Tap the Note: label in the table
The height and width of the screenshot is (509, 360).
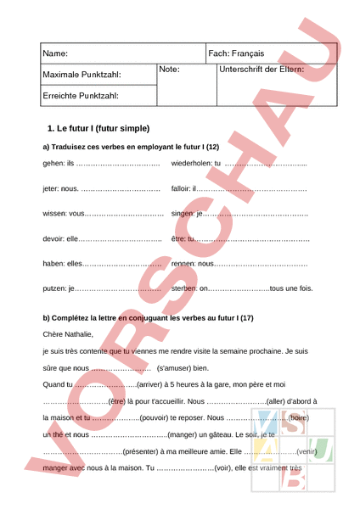coord(170,69)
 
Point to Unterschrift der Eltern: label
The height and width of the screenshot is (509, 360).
coord(262,69)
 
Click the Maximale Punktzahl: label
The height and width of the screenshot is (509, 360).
coord(82,76)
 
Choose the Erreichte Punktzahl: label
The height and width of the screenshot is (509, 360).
coord(81,96)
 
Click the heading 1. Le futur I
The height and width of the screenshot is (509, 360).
coord(98,129)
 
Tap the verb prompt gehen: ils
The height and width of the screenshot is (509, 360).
coord(59,163)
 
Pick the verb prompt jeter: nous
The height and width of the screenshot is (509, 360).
coord(60,188)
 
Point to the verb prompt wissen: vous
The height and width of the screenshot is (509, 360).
coord(64,214)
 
